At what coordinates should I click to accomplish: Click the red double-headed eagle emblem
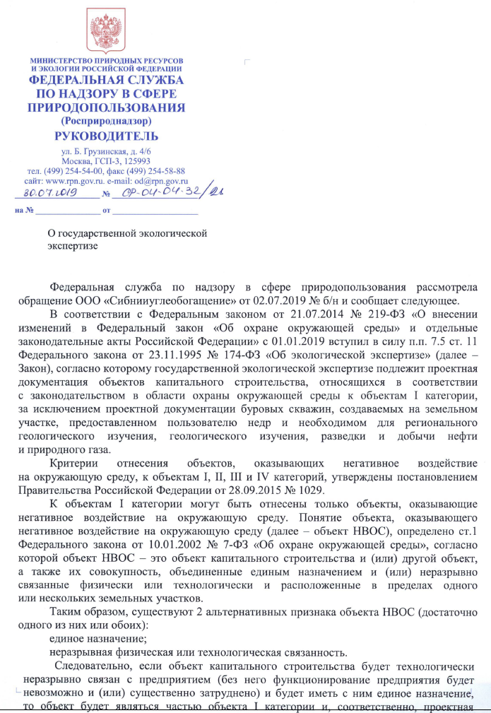[x=105, y=28]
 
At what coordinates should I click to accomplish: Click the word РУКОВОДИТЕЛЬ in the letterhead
[x=106, y=136]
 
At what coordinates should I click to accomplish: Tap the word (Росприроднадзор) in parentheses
[x=106, y=121]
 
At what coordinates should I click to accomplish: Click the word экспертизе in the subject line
[x=72, y=246]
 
